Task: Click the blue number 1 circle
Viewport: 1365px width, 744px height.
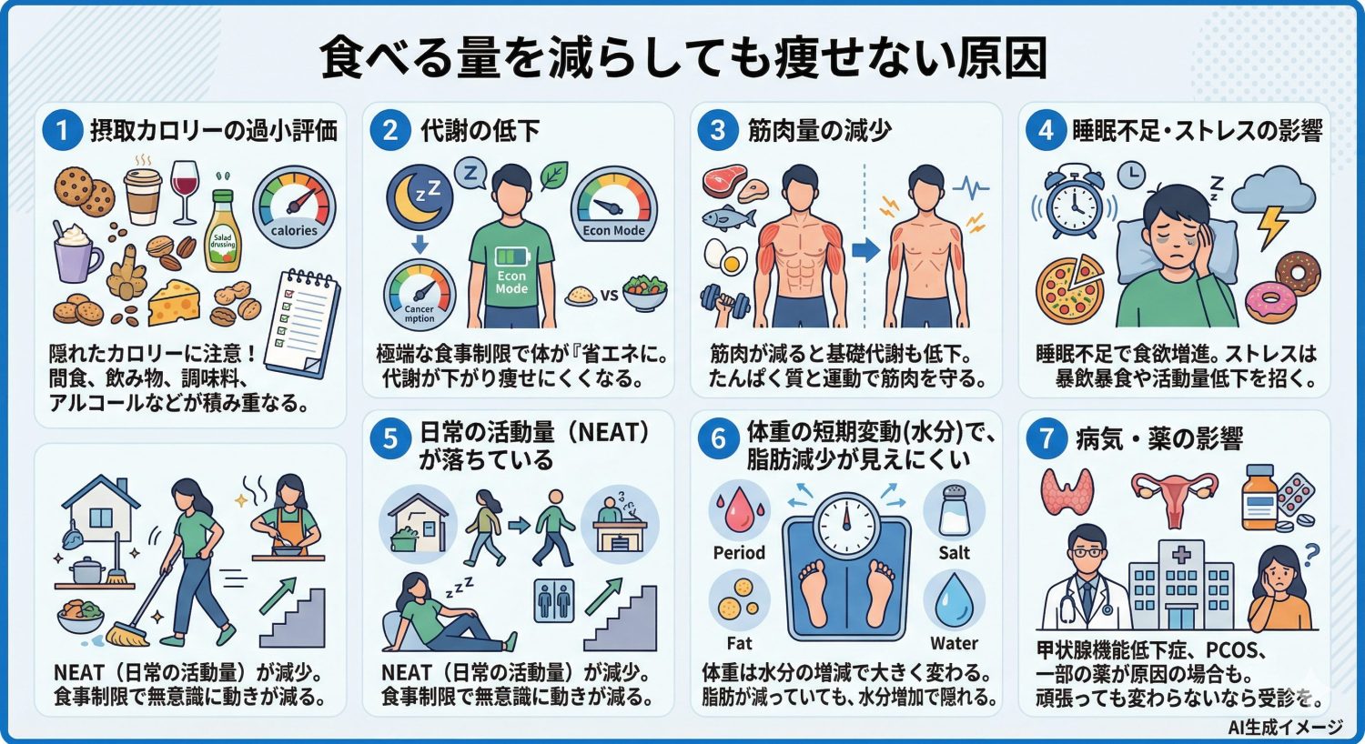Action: pos(62,131)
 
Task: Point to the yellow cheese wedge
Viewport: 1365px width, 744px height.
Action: pos(175,303)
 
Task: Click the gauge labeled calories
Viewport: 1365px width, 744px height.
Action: pos(294,207)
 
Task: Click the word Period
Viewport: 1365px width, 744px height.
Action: pos(739,552)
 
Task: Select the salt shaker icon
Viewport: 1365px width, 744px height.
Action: pos(954,509)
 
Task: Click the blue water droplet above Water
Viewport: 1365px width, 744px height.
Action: pos(954,600)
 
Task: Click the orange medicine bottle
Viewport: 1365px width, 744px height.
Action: pos(1260,497)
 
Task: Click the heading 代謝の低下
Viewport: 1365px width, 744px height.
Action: pos(480,131)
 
